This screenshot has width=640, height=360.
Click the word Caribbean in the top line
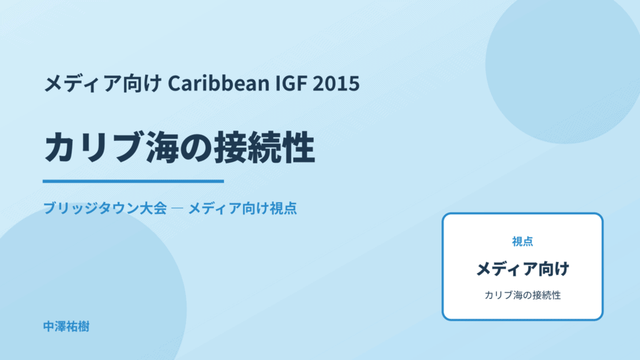pyautogui.click(x=219, y=83)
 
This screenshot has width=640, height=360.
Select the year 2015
pyautogui.click(x=336, y=83)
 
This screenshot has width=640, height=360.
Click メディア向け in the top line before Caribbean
pyautogui.click(x=103, y=83)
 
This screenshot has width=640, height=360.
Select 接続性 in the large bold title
pyautogui.click(x=264, y=148)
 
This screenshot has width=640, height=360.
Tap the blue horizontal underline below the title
pyautogui.click(x=133, y=181)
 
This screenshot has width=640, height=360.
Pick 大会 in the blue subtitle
pyautogui.click(x=153, y=208)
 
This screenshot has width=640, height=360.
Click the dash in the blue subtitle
pyautogui.click(x=178, y=208)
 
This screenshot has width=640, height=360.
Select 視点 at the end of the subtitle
pyautogui.click(x=283, y=208)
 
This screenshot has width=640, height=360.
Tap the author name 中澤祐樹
pyautogui.click(x=66, y=327)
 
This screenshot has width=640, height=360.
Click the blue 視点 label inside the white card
pyautogui.click(x=522, y=242)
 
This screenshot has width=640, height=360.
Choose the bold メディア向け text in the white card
pyautogui.click(x=522, y=269)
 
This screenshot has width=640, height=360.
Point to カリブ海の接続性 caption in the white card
pyautogui.click(x=522, y=295)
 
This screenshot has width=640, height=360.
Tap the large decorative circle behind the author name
pyautogui.click(x=94, y=286)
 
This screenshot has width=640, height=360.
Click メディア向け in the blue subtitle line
pyautogui.click(x=229, y=208)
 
